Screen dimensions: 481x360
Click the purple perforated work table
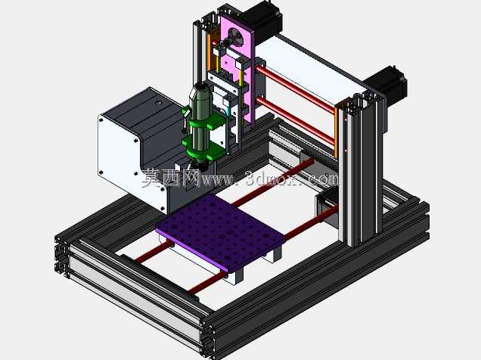220,232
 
